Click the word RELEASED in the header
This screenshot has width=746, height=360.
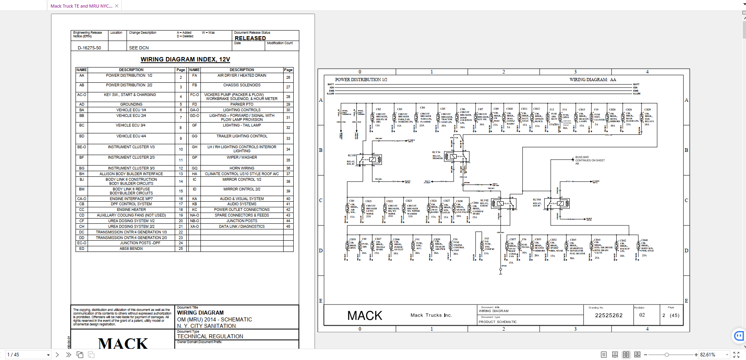[250, 38]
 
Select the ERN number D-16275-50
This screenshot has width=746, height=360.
[89, 48]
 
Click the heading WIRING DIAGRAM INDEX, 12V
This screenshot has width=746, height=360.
[185, 59]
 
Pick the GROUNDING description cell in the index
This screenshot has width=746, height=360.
[131, 104]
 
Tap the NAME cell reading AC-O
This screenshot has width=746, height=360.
[82, 95]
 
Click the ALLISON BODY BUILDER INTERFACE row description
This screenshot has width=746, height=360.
[131, 174]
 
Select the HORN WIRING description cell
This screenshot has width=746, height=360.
[241, 168]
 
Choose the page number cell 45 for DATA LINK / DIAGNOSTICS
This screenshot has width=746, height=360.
[288, 227]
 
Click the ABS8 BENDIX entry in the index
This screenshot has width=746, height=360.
[131, 249]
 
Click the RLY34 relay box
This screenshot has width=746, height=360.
[456, 156]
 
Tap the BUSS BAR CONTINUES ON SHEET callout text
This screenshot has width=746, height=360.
[589, 160]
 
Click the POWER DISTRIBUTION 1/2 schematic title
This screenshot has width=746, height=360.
[361, 80]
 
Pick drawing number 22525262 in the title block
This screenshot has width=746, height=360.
[609, 315]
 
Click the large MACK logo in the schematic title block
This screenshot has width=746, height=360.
[364, 316]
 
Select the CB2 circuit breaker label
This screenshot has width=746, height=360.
[378, 109]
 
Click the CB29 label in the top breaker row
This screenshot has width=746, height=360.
[647, 109]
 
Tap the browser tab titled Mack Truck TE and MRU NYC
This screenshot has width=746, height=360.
[82, 6]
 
